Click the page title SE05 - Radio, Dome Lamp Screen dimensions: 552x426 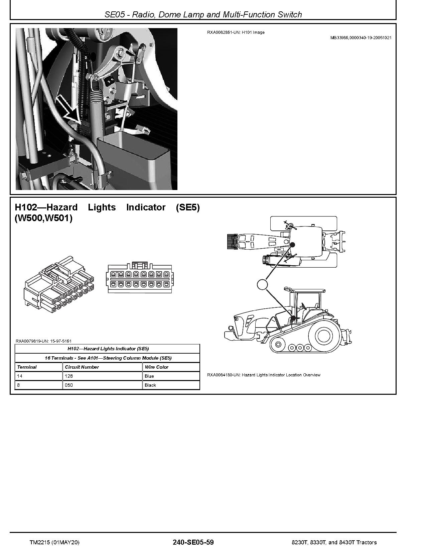coord(203,14)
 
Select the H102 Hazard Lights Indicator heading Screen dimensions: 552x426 coord(107,213)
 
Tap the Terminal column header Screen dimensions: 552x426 coord(27,367)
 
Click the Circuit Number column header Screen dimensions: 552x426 coord(82,367)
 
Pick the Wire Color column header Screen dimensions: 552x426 coord(156,367)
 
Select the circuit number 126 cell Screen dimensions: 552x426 coord(69,376)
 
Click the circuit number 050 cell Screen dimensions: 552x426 coord(69,385)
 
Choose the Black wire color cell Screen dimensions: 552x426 coord(150,385)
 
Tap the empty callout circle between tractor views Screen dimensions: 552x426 coord(262,284)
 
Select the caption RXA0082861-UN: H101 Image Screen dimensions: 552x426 coord(236,32)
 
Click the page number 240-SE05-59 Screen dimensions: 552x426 coord(193,542)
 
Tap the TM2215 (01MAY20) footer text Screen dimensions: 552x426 coord(54,542)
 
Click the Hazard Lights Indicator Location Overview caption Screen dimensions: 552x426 coord(264,375)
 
